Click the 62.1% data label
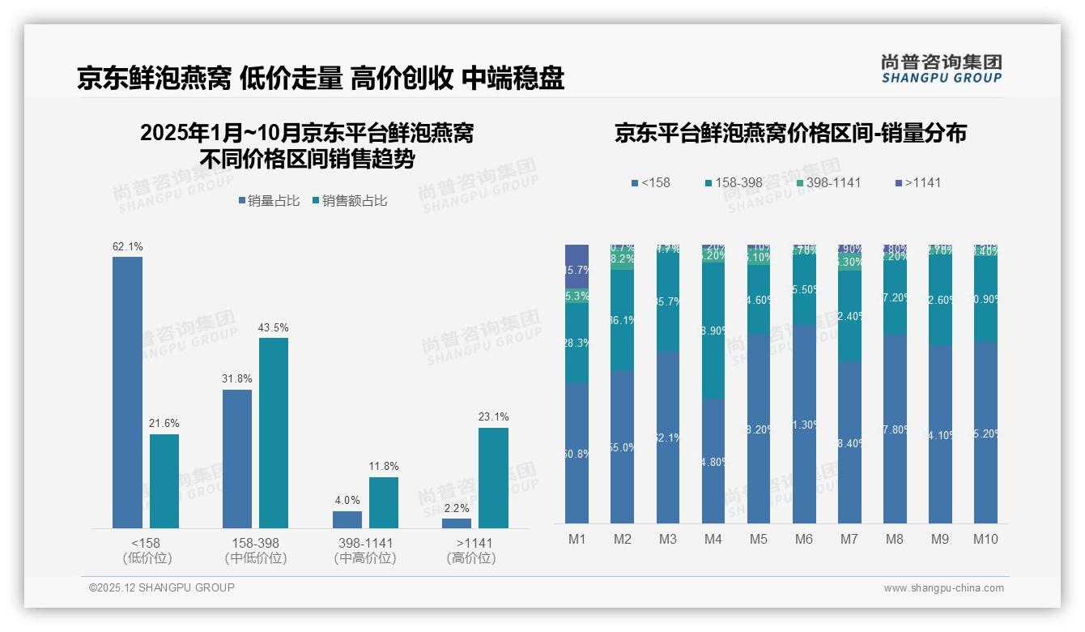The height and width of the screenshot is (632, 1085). point(127,246)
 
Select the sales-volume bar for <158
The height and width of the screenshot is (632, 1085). point(127,393)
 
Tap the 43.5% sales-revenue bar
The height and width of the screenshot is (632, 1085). point(274,433)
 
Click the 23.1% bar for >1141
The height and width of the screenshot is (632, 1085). point(493,478)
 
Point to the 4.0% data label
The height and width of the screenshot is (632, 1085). point(347,500)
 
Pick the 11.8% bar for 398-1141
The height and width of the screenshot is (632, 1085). point(384,502)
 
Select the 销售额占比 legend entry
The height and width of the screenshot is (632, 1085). point(350,201)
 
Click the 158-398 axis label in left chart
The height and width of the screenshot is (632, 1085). point(256,543)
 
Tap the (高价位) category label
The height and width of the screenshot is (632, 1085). point(470,558)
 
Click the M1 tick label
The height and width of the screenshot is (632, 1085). point(577,540)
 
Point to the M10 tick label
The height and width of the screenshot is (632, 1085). point(985,540)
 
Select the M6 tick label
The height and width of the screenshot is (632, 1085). point(803,540)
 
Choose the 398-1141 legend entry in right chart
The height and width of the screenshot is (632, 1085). point(828,182)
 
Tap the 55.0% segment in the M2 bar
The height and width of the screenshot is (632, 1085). point(622,446)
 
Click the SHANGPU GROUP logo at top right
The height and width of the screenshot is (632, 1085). point(941,69)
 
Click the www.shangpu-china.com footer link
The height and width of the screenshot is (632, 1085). point(943,588)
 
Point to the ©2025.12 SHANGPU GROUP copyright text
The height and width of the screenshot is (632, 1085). point(162,587)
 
